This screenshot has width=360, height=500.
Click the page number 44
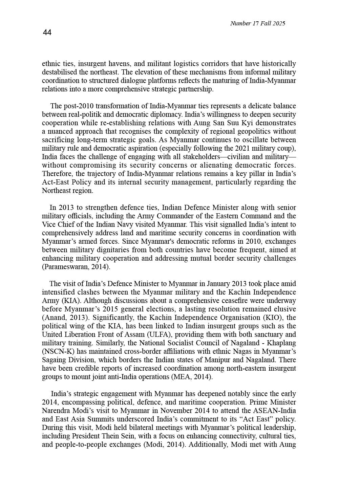click(x=47, y=32)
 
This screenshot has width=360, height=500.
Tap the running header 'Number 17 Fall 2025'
click(x=257, y=23)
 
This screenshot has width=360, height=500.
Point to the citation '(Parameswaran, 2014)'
click(x=76, y=267)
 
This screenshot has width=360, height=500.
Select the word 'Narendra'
click(x=56, y=411)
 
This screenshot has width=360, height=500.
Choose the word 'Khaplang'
click(x=283, y=343)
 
